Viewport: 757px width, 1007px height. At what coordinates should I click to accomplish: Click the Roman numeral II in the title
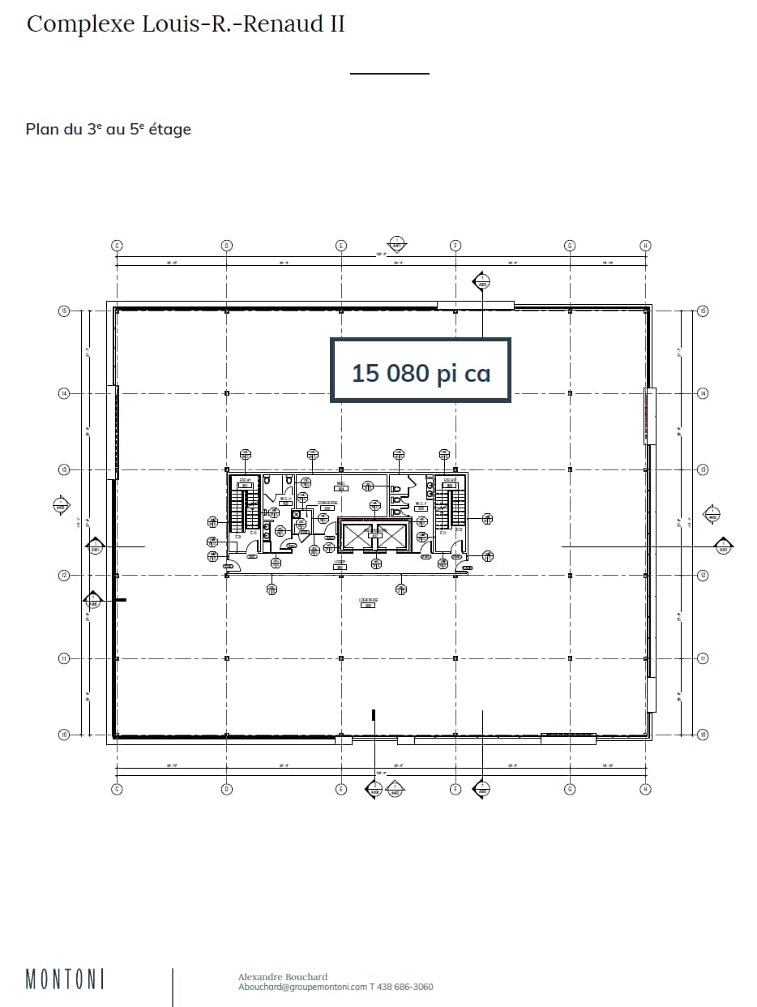(335, 24)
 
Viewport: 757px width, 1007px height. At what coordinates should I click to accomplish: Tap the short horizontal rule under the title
(389, 74)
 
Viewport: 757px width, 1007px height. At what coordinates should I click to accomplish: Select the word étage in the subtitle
(168, 129)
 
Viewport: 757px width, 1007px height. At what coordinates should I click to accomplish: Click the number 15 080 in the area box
(389, 373)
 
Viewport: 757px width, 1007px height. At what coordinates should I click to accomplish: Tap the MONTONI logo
(65, 979)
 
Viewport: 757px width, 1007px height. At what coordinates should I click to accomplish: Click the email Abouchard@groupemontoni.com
(302, 987)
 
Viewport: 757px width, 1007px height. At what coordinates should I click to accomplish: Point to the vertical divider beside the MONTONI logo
(173, 986)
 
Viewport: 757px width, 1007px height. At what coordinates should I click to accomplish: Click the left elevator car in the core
(358, 536)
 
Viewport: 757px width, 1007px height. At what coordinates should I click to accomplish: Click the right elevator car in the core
(391, 536)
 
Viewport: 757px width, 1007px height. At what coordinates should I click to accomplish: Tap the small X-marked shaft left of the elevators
(297, 514)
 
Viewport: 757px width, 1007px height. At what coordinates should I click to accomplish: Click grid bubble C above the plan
(117, 245)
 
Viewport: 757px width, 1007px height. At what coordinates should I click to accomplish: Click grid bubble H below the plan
(645, 789)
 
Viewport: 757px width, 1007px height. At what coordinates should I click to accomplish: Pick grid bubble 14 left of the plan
(63, 393)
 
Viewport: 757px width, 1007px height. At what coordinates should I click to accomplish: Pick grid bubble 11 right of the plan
(703, 658)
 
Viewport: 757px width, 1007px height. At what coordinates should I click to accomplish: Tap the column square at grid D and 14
(227, 393)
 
